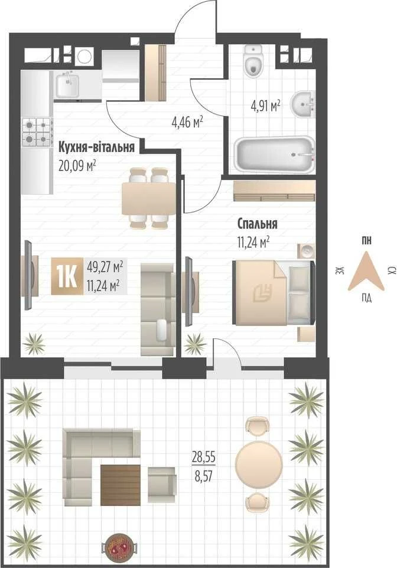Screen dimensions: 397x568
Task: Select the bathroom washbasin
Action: (303, 105)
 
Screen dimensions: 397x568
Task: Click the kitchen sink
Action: (67, 85)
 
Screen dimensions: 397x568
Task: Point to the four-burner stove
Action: (37, 132)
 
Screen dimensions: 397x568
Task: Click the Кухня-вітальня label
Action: (96, 147)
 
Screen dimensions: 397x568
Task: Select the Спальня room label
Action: (258, 224)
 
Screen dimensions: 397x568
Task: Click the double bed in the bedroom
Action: (274, 292)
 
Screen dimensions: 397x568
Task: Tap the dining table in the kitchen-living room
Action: (149, 199)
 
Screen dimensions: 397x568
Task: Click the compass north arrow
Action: (366, 272)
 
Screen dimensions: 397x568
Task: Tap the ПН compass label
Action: (366, 241)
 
